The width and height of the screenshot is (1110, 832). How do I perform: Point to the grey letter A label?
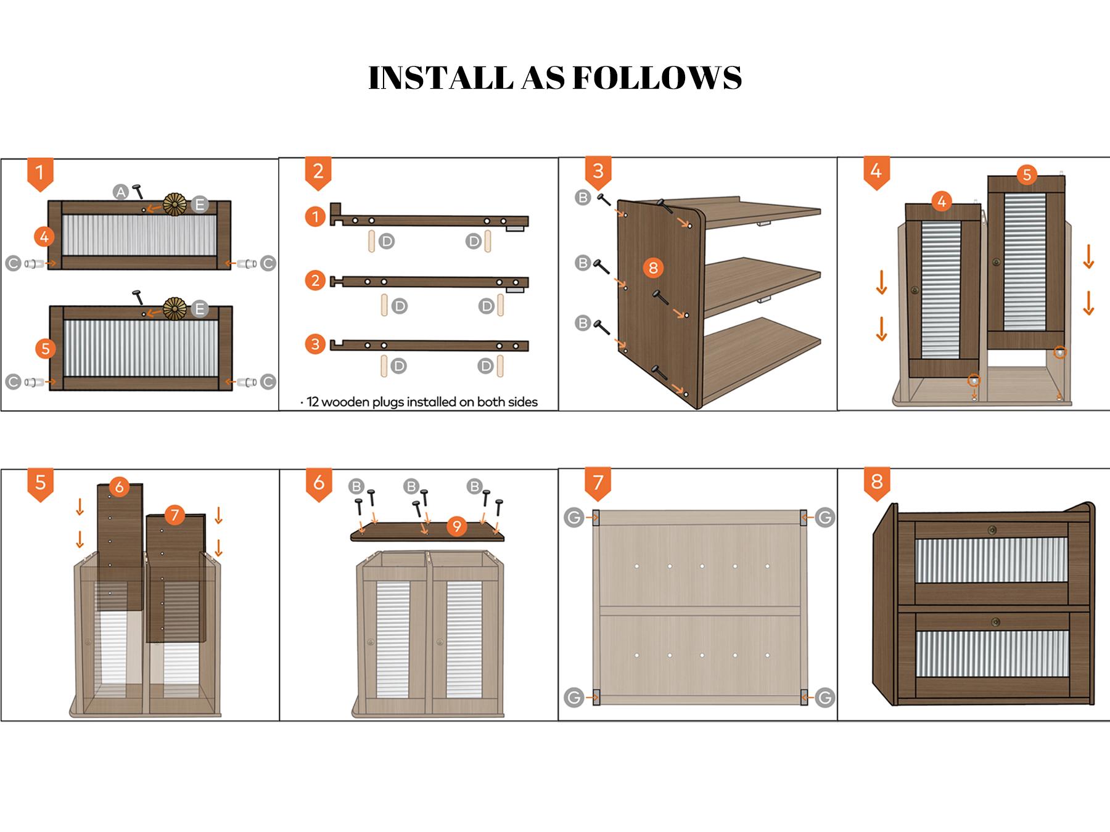click(x=121, y=192)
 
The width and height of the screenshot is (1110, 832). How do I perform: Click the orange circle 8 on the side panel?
click(x=653, y=267)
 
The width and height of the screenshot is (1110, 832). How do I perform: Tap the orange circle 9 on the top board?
click(x=456, y=526)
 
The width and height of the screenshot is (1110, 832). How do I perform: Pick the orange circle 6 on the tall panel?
click(x=119, y=487)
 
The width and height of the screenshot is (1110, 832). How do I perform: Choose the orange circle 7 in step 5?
click(x=175, y=515)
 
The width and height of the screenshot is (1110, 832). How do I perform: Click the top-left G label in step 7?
click(x=573, y=518)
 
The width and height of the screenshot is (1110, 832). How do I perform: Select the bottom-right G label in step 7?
click(x=824, y=698)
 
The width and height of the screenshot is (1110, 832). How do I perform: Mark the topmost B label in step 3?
click(x=582, y=198)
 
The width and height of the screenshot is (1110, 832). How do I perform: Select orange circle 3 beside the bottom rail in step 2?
click(x=315, y=344)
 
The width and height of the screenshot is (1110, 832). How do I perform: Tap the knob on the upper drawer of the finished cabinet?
click(x=992, y=529)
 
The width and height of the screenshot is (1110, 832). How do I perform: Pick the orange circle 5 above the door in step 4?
click(x=1027, y=174)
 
